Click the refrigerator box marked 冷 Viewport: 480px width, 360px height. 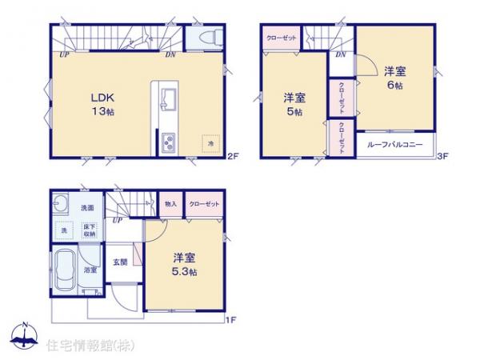[211, 142]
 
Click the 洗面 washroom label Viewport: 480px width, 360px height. [89, 208]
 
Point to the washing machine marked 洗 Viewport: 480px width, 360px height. [65, 230]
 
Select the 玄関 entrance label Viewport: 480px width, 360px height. [120, 262]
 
